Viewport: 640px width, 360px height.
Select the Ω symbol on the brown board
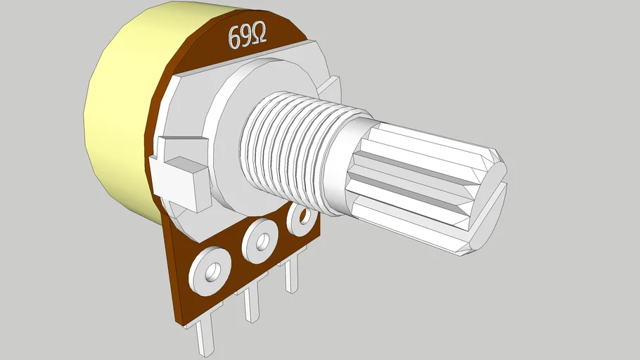tap(259, 34)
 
